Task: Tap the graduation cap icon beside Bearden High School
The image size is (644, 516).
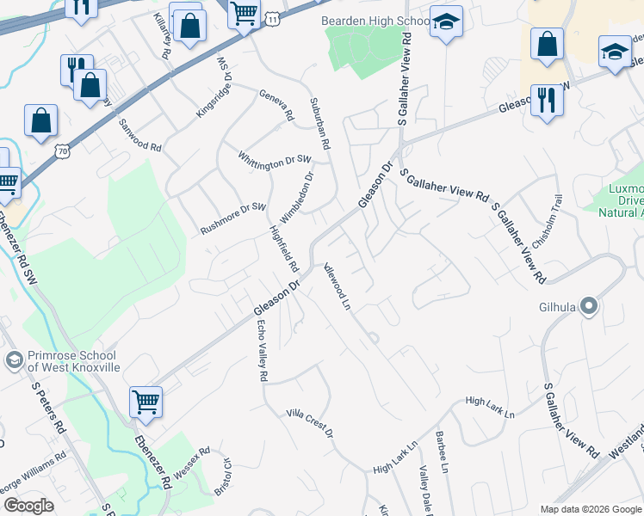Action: pos(446,23)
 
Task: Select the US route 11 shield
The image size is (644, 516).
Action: pos(273,17)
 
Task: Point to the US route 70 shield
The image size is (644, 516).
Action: pos(60,151)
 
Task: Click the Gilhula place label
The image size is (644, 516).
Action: pos(558,306)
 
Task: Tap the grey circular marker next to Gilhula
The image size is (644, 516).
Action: pos(589,305)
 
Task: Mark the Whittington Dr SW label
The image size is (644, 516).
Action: pos(275,158)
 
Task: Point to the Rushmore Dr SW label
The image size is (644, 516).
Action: pos(234,218)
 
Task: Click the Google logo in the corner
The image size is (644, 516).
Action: pos(28,506)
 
